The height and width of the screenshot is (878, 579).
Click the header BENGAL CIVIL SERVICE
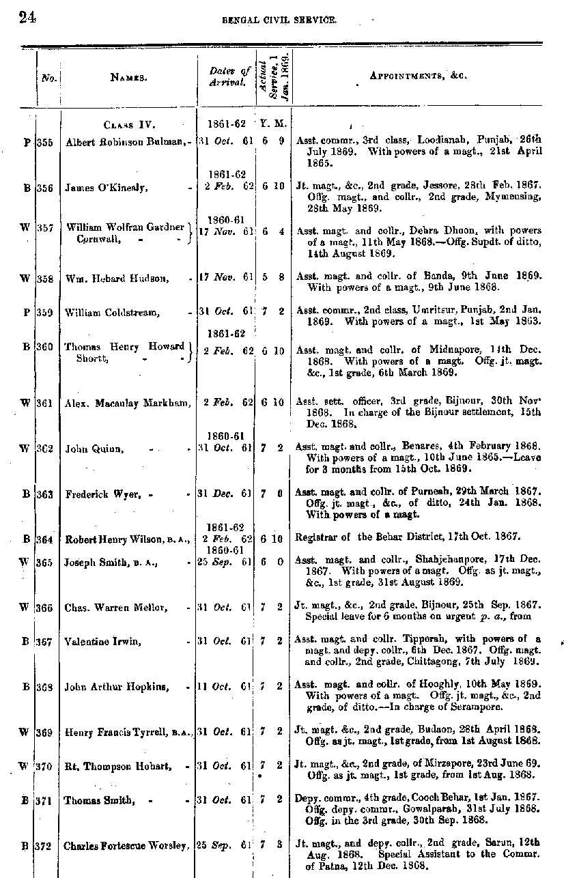[x=279, y=21]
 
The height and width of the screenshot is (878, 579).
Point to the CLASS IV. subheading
[x=130, y=125]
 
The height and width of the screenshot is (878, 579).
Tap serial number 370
[x=45, y=766]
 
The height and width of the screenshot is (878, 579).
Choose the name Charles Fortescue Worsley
[x=126, y=846]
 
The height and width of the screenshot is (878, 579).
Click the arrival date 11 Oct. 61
[x=223, y=687]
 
